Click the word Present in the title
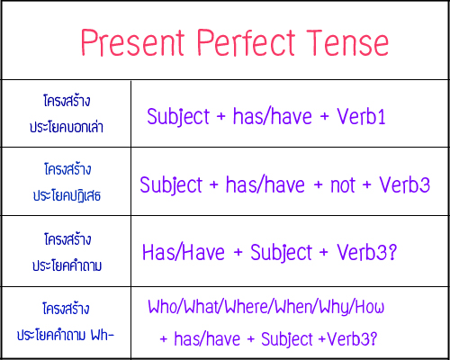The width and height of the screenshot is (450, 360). point(132,42)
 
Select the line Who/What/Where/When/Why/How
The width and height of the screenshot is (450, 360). point(266,307)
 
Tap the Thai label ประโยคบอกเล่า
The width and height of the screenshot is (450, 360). point(66,128)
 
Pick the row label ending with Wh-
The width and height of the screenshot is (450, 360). point(66,334)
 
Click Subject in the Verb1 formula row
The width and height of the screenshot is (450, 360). point(177,117)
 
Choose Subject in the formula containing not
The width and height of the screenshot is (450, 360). point(171,185)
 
